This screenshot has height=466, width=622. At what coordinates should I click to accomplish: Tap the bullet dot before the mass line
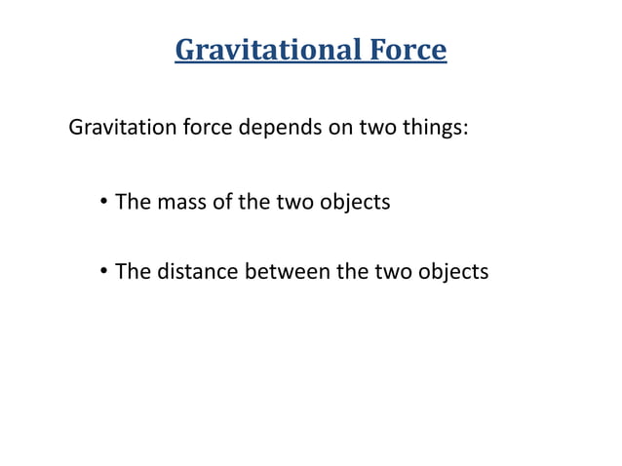tap(102, 203)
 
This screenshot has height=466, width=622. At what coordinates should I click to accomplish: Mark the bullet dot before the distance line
tap(102, 272)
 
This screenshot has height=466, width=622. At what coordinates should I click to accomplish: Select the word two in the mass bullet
tap(293, 203)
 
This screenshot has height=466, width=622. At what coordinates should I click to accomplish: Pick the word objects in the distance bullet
tap(453, 272)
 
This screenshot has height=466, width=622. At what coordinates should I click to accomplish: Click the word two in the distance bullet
tap(392, 272)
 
